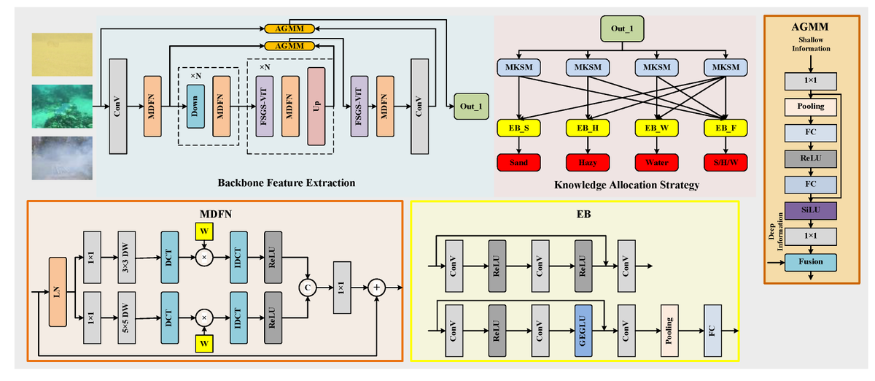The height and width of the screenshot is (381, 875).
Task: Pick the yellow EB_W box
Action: (656, 128)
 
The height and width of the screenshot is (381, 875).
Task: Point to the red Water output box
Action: (656, 163)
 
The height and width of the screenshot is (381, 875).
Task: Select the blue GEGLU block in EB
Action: (583, 330)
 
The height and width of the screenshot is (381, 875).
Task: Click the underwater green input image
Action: (62, 107)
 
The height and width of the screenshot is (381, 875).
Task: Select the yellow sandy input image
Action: (62, 54)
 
